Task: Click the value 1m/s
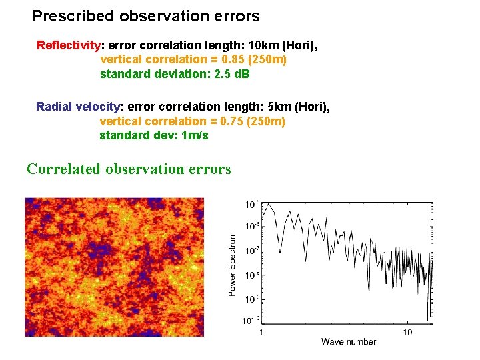click(x=195, y=135)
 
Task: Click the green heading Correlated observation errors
click(x=129, y=169)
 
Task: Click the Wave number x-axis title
click(x=349, y=341)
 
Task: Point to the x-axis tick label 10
click(x=408, y=332)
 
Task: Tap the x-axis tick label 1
click(x=261, y=332)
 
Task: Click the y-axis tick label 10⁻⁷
click(x=251, y=251)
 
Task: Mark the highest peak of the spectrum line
click(x=268, y=204)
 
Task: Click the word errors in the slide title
click(x=237, y=15)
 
